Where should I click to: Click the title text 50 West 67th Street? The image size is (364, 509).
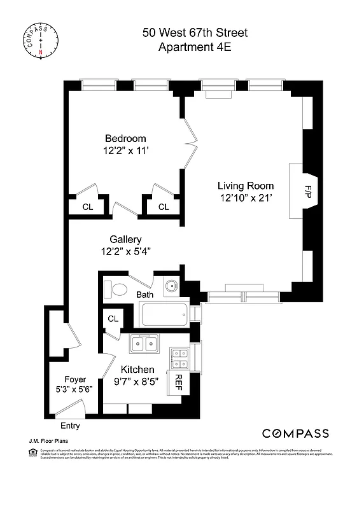tap(195, 32)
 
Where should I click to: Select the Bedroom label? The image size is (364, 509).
tap(125, 139)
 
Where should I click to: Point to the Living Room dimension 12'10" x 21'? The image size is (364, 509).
tap(245, 198)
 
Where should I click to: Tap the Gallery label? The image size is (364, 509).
tap(125, 239)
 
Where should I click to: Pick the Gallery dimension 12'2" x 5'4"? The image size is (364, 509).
tap(125, 251)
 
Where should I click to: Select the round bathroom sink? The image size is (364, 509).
tap(171, 287)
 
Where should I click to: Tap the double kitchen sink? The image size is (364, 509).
tap(144, 344)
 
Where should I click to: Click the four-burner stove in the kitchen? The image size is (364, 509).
tap(179, 359)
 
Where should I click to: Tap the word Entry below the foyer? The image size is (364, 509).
tap(70, 426)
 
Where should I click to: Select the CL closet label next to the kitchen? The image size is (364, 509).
tap(113, 319)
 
